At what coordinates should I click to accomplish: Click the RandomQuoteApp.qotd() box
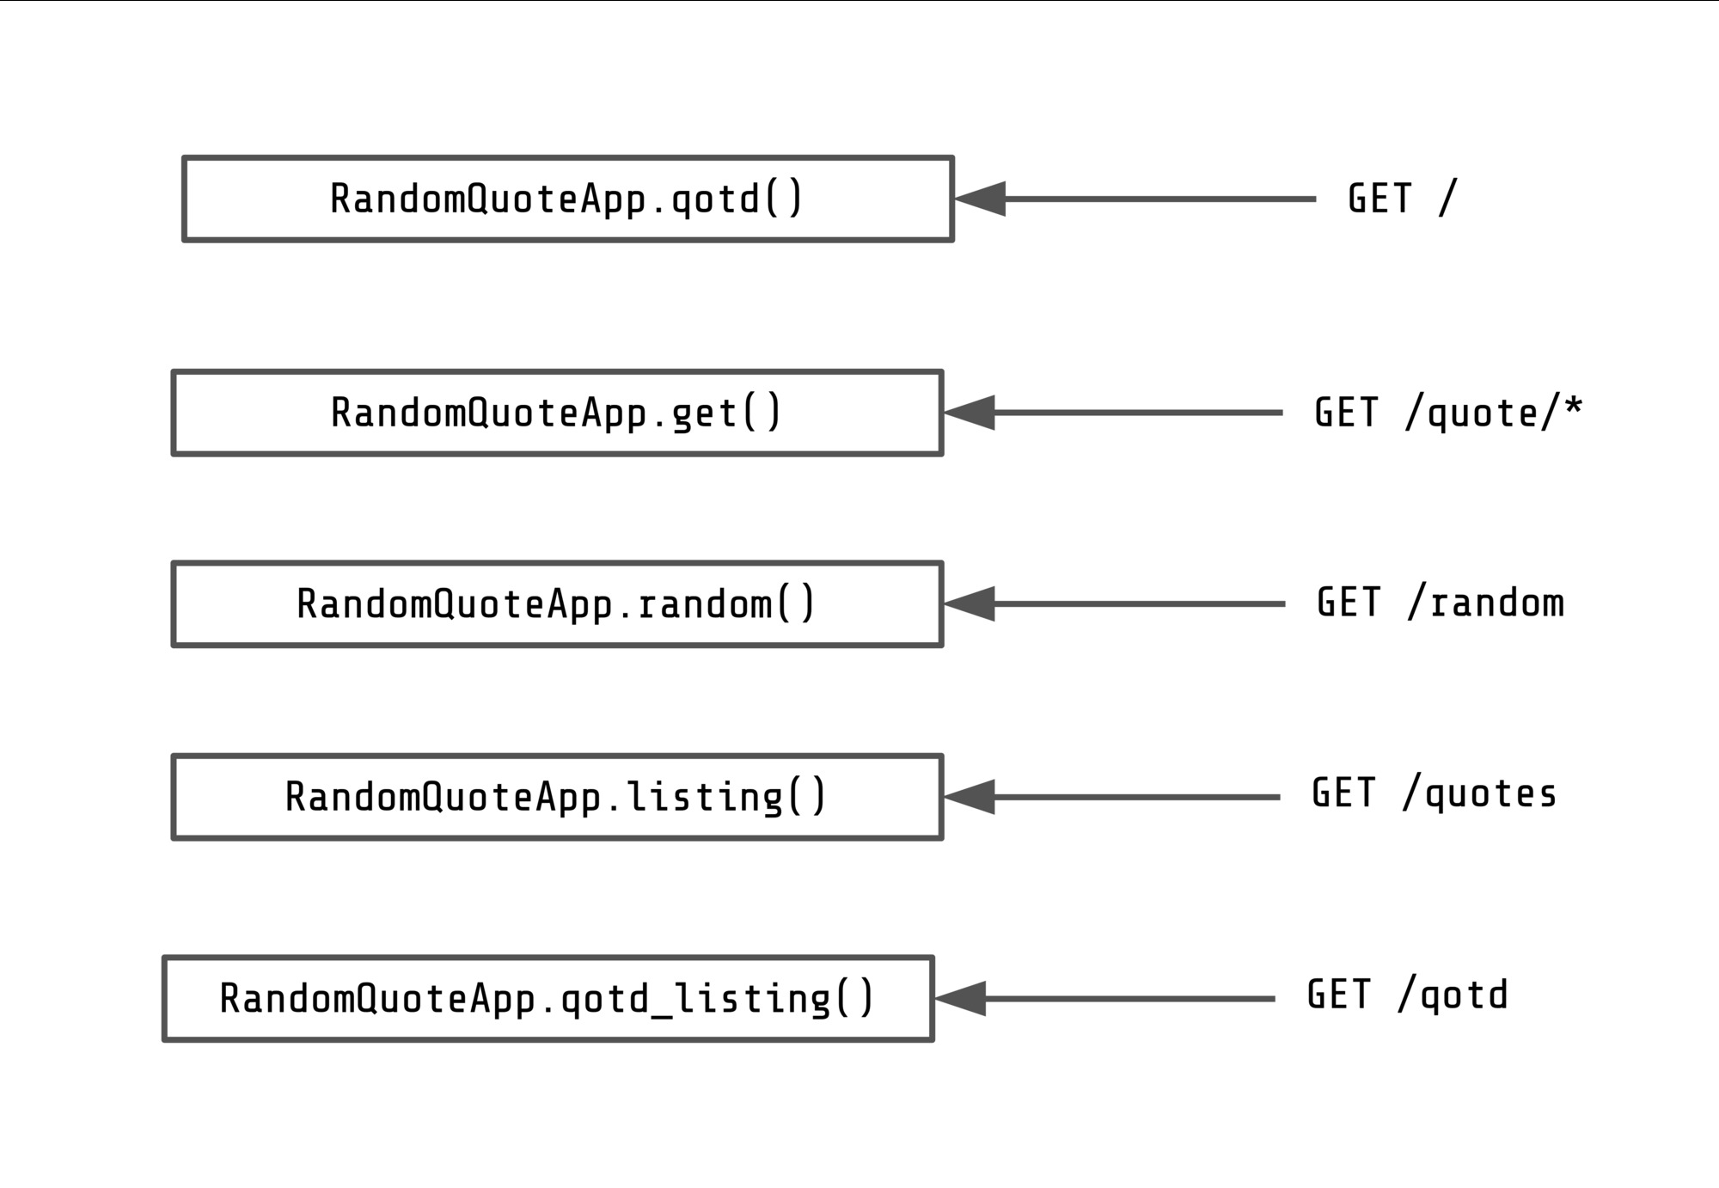(x=567, y=199)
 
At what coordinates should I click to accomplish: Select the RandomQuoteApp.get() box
(x=557, y=413)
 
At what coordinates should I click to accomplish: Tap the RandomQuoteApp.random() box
(x=557, y=604)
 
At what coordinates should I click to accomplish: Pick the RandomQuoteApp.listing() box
(x=557, y=797)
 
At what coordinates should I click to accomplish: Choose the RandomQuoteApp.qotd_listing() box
(x=548, y=999)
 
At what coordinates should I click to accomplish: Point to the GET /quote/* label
(x=1448, y=413)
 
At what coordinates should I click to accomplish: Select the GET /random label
(x=1441, y=603)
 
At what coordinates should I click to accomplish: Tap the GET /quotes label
(x=1434, y=793)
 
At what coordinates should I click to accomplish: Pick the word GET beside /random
(x=1349, y=603)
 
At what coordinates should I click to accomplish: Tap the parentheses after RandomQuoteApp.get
(x=762, y=413)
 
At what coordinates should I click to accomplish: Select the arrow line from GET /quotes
(x=1135, y=797)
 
